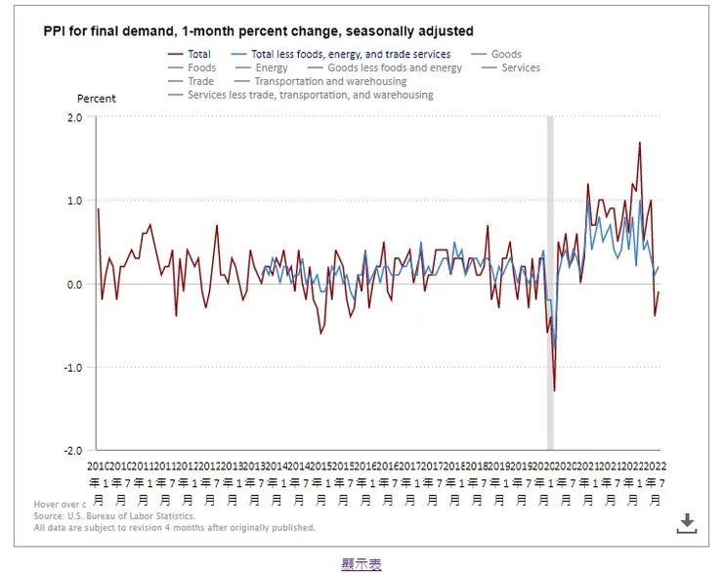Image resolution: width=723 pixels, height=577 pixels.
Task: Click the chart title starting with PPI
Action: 258,31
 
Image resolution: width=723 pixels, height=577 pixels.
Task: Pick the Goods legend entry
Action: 506,55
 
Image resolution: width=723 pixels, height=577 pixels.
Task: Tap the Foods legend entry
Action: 201,68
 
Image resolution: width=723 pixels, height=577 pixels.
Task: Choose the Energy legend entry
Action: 272,68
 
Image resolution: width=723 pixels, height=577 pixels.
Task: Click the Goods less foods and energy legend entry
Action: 395,68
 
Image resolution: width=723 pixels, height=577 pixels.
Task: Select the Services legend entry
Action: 521,68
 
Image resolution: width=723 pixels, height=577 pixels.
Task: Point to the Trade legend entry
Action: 200,82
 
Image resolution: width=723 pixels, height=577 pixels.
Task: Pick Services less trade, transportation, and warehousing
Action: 311,96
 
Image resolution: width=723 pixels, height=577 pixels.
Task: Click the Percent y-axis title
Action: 97,99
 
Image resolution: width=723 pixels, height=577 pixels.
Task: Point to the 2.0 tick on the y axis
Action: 74,117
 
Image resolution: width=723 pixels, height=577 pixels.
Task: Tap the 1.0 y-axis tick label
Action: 74,200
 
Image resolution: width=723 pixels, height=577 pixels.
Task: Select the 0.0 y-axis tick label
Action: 74,285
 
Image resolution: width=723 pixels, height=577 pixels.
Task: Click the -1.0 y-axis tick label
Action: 73,368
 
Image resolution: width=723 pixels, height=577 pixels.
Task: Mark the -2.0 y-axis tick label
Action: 73,451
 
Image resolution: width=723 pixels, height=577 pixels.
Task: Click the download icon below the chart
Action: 687,522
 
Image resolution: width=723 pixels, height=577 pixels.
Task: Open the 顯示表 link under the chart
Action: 361,564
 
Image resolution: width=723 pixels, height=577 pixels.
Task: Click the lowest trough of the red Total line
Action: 554,391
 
